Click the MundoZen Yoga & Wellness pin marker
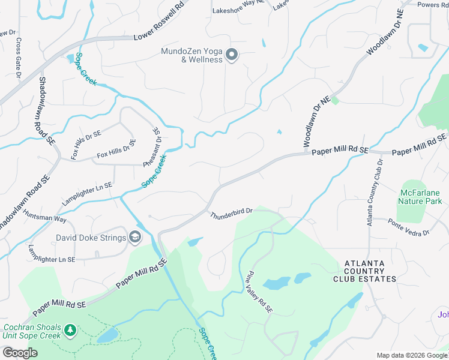[232, 56]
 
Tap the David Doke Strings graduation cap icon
[135, 238]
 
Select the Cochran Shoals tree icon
[70, 331]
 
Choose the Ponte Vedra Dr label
[408, 227]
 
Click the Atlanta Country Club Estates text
[370, 271]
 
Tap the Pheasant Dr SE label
[152, 147]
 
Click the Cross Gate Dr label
[19, 59]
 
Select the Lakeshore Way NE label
[238, 3]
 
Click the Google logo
[20, 353]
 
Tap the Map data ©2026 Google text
[411, 355]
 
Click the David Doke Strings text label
[91, 238]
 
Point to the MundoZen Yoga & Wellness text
[191, 55]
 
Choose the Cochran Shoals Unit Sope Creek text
[31, 331]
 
